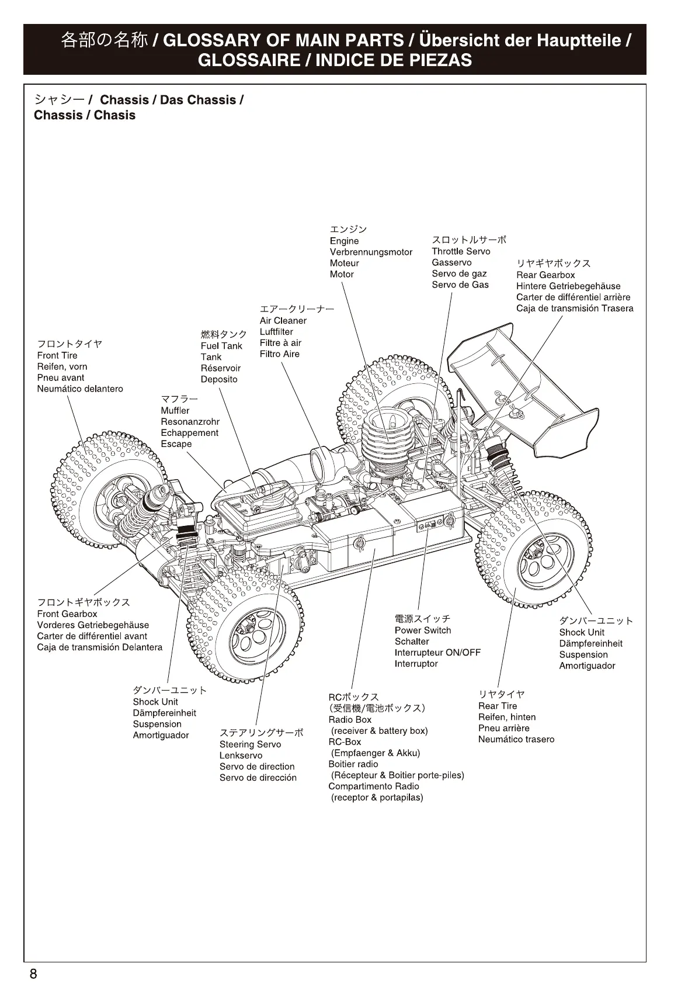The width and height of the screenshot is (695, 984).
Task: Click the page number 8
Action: point(34,973)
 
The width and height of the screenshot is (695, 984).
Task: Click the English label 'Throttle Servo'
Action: point(461,251)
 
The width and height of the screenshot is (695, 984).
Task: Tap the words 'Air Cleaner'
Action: point(283,321)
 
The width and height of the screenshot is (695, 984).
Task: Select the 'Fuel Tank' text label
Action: point(221,346)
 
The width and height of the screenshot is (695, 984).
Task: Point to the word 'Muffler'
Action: point(175,411)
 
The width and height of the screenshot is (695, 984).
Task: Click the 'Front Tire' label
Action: point(57,356)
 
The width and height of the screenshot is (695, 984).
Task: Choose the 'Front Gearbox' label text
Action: point(67,614)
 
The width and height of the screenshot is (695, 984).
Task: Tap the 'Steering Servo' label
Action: point(250,744)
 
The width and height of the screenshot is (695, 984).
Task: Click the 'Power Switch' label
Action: point(423,630)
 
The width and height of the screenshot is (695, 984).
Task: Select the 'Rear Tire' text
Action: point(498,706)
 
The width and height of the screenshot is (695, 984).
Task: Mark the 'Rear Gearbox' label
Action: point(545,275)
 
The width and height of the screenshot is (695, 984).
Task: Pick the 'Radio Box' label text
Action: point(350,720)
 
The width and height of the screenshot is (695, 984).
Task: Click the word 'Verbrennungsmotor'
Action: point(371,252)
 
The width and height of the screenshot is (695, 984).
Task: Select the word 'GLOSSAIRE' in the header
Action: point(248,60)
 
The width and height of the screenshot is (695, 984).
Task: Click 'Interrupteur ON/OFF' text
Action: point(437,653)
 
